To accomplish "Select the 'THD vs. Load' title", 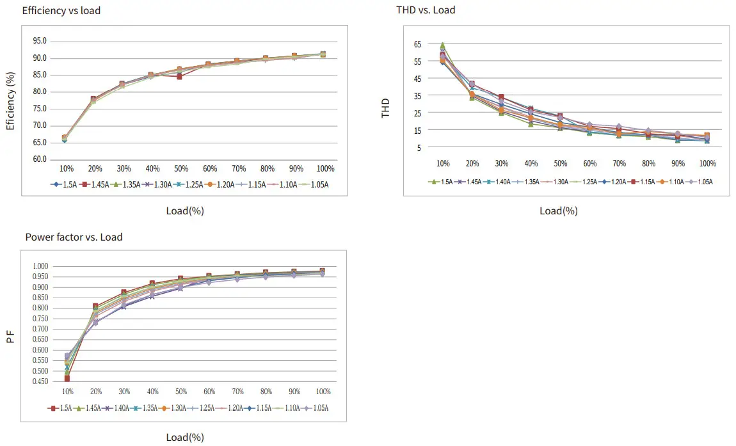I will pos(426,10).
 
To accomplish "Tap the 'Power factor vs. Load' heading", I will pos(74,237).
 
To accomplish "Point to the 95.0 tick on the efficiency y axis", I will pos(40,41).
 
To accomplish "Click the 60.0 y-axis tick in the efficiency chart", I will pos(40,159).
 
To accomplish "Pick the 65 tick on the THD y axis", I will pos(417,44).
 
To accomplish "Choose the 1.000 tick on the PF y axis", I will pos(40,266).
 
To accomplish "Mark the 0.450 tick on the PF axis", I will pos(40,381).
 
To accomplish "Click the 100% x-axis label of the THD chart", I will pos(707,163).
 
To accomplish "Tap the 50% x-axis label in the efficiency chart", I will pos(181,168).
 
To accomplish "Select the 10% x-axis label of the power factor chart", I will pos(67,391).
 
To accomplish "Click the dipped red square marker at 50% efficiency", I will pos(180,77).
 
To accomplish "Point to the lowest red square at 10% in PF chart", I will pos(67,379).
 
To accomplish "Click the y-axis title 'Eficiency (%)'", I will pos(11,101).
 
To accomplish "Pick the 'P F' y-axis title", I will pos(10,336).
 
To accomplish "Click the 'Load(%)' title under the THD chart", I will pos(558,211).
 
